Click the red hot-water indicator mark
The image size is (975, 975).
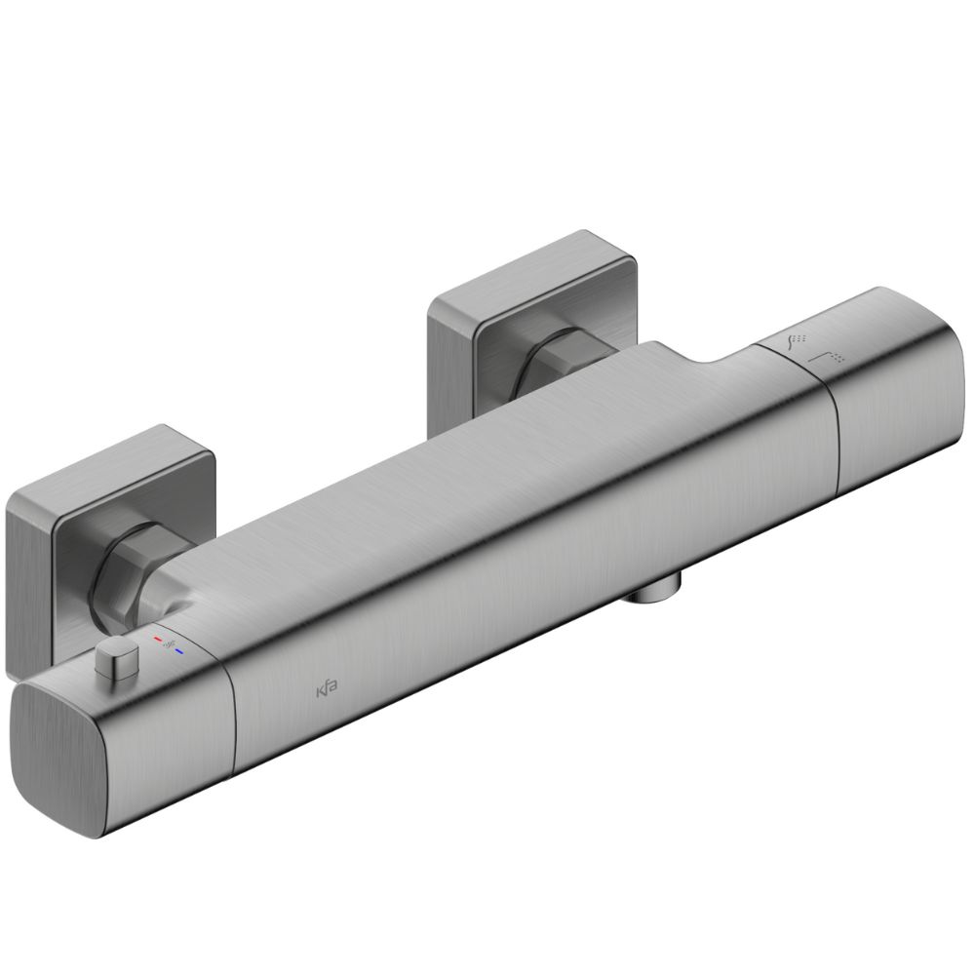pyautogui.click(x=158, y=638)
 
